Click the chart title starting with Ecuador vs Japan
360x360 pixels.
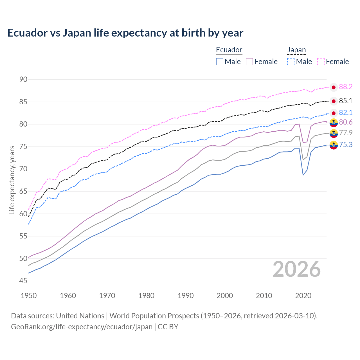(x=125, y=33)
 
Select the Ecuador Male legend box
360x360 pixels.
(x=220, y=62)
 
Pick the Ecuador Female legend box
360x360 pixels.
(x=249, y=62)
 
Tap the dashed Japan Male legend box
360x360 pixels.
(x=291, y=62)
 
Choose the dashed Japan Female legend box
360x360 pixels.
(x=321, y=62)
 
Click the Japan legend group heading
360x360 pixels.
(x=296, y=50)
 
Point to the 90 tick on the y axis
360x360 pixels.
(x=23, y=79)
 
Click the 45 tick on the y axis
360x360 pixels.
(x=23, y=281)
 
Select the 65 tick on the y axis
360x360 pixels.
(x=23, y=191)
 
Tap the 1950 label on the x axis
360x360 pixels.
(x=29, y=296)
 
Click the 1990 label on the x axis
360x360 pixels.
(x=186, y=296)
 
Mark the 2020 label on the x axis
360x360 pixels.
(x=303, y=296)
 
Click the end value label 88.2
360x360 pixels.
(x=346, y=87)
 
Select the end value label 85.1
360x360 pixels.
(x=346, y=101)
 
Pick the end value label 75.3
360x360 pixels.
(x=346, y=145)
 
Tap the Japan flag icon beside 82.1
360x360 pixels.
(x=334, y=113)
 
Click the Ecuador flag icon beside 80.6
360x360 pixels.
(x=334, y=122)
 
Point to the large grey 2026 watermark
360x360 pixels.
(x=296, y=269)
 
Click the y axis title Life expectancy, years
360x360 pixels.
(x=12, y=180)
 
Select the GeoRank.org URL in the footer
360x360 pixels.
(x=82, y=327)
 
